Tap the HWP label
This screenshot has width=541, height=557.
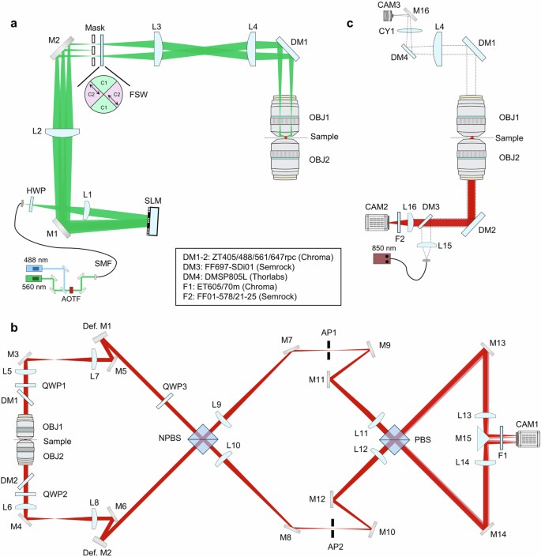pos(32,192)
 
